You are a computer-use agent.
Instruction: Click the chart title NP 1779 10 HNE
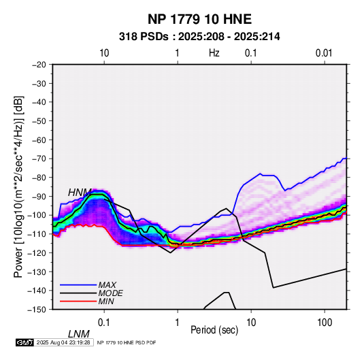[x=199, y=19]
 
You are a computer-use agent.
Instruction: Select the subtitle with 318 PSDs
[x=199, y=37]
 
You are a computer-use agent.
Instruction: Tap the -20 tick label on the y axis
[x=39, y=65]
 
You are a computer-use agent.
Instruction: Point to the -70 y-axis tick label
[x=39, y=159]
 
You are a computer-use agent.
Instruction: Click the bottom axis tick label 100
[x=325, y=323]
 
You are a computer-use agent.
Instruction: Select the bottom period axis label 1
[x=178, y=323]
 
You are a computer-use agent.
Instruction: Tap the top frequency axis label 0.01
[x=324, y=53]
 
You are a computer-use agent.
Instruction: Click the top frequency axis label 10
[x=104, y=53]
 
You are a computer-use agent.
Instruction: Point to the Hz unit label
[x=214, y=53]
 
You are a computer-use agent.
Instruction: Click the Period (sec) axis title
[x=214, y=330]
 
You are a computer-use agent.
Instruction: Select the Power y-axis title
[x=18, y=186]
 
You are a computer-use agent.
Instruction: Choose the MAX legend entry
[x=107, y=284]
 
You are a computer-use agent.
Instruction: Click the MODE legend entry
[x=110, y=293]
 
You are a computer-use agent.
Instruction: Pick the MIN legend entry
[x=106, y=301]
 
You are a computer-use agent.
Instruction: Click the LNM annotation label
[x=79, y=334]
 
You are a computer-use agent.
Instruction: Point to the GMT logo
[x=25, y=342]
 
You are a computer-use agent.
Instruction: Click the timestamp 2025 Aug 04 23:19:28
[x=63, y=342]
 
